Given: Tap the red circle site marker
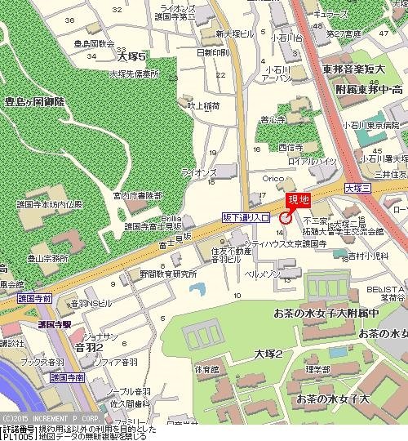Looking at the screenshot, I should point(286,217).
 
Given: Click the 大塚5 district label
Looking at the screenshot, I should point(131,57).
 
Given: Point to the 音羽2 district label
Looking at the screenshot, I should point(88,347).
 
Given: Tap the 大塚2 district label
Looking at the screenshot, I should point(267,354).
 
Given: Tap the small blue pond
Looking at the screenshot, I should point(197,290).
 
